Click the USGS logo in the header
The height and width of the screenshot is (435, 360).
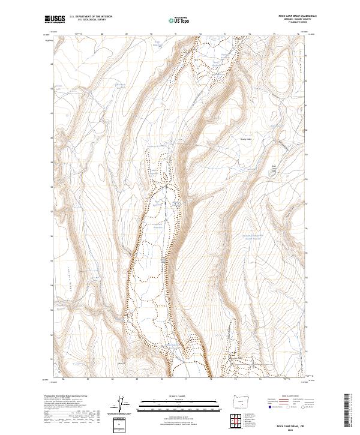pyautogui.click(x=55, y=19)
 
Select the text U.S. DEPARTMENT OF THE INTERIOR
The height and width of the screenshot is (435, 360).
pyautogui.click(x=91, y=17)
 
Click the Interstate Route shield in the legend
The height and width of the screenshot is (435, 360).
pyautogui.click(x=269, y=407)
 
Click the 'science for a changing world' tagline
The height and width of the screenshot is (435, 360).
pyautogui.click(x=55, y=23)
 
